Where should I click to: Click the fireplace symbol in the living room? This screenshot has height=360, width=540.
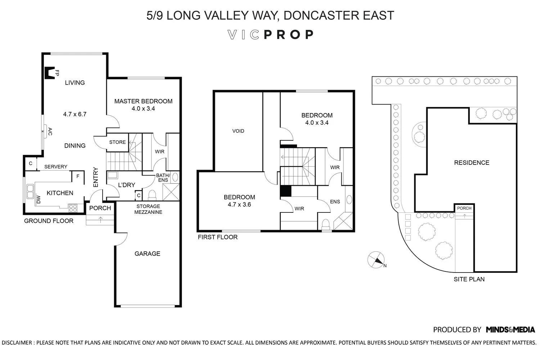point(50,73)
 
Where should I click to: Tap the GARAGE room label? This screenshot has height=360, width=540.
point(147,254)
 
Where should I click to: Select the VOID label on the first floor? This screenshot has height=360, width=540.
point(238,131)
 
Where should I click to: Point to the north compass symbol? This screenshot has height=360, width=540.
point(376,260)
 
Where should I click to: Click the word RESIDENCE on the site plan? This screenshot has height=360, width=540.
point(472,163)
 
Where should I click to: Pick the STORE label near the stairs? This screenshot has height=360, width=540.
point(117,142)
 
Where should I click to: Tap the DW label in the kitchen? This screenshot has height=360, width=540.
point(39,199)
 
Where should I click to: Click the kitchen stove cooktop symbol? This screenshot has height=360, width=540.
point(73,208)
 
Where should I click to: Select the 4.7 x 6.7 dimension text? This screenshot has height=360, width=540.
point(75,114)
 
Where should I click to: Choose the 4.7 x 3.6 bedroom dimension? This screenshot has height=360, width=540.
point(239,204)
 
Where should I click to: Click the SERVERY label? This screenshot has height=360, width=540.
point(56,167)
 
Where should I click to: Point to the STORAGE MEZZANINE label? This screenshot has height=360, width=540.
point(148,209)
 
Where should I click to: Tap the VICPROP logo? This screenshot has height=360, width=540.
point(270,35)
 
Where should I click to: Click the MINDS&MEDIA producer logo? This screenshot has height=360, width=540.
point(510,330)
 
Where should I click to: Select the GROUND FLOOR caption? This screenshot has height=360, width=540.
point(49,221)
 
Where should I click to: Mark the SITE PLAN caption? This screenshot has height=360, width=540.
point(469,279)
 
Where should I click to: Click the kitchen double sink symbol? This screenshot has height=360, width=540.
point(30,191)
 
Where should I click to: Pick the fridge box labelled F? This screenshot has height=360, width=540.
point(78,176)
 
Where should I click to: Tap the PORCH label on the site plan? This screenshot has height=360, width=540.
point(464,208)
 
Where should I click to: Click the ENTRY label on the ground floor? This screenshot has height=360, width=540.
point(96,177)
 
